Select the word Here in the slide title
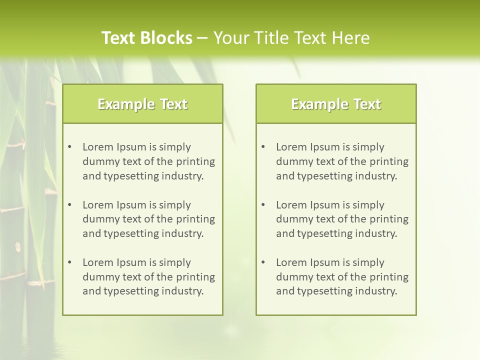point(351,38)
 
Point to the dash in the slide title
point(202,38)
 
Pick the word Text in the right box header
point(367,104)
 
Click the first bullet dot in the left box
point(70,147)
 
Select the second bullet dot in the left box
point(70,205)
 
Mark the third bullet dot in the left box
point(70,262)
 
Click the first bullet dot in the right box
point(263,147)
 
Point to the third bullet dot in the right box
point(263,262)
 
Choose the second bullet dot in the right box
point(263,205)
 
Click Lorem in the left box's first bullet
point(97,147)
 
